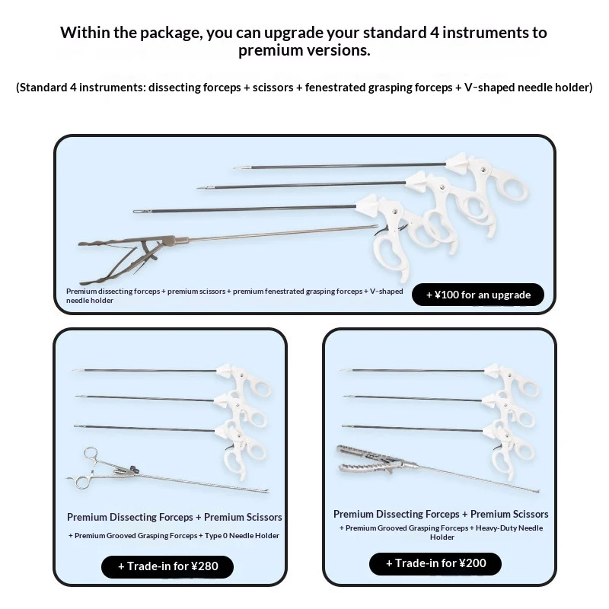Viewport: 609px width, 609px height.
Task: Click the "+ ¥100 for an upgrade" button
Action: (x=478, y=295)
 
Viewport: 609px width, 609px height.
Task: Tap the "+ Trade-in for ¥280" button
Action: (x=167, y=566)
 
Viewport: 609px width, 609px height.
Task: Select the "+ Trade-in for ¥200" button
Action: (x=435, y=563)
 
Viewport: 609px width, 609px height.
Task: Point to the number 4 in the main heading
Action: (x=435, y=32)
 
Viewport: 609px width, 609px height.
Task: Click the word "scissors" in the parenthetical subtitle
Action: (x=273, y=88)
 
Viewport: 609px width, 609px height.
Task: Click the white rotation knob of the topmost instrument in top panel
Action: (x=456, y=162)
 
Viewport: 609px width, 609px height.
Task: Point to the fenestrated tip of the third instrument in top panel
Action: (x=142, y=212)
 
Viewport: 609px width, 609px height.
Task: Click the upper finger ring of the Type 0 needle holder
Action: (x=91, y=454)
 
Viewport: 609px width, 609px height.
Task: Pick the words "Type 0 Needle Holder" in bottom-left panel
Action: (x=241, y=536)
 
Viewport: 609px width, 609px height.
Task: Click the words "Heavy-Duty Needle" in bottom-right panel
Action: (x=509, y=528)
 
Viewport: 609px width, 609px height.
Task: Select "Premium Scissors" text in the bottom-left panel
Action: (x=243, y=518)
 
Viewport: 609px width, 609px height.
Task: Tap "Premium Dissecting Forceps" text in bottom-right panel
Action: (x=396, y=515)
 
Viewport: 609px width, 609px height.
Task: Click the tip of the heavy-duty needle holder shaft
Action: (x=537, y=492)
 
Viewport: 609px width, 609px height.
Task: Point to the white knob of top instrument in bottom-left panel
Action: (x=225, y=369)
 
